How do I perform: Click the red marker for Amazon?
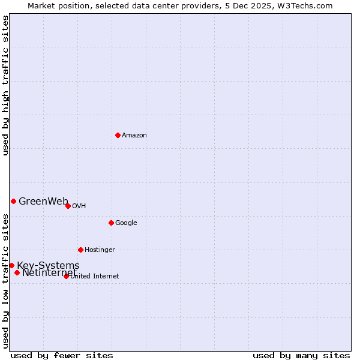point(118,135)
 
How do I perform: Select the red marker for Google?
point(111,223)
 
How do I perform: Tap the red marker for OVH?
point(68,206)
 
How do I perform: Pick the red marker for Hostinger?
point(80,250)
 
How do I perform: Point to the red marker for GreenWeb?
point(13,201)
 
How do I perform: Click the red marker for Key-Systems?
point(11,265)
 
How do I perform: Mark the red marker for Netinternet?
point(17,273)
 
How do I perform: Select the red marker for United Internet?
point(66,276)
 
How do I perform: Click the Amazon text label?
point(134,136)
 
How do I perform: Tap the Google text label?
point(126,223)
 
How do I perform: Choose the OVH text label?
point(79,206)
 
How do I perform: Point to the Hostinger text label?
point(100,250)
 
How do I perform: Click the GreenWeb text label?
point(43,202)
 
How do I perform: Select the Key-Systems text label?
point(48,266)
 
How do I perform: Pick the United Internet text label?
point(95,277)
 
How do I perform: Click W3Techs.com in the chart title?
point(307,5)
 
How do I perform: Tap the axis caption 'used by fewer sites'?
point(62,355)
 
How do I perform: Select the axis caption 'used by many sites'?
point(301,355)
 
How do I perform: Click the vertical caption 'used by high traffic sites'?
point(5,85)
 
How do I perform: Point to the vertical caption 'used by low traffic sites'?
point(5,280)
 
